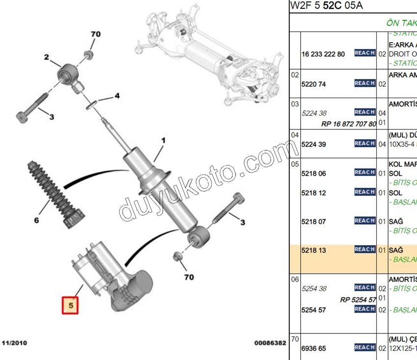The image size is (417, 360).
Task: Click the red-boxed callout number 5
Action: click(x=71, y=306)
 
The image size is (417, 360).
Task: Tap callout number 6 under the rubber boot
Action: click(x=36, y=220)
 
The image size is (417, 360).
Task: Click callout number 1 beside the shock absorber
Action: click(x=163, y=141)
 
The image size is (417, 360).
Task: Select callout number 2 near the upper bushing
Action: click(x=47, y=57)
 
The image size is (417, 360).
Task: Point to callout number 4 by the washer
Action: click(x=117, y=96)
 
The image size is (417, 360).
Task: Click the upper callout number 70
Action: click(x=95, y=34)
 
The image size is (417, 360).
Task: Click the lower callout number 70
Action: click(x=188, y=277)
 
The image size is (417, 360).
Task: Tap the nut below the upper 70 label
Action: click(x=89, y=53)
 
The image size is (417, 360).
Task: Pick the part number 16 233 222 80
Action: click(x=323, y=54)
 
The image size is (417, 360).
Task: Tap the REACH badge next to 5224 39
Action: click(x=365, y=144)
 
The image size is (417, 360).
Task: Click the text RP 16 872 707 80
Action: click(x=349, y=124)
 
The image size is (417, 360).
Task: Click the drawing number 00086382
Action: click(x=270, y=343)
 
